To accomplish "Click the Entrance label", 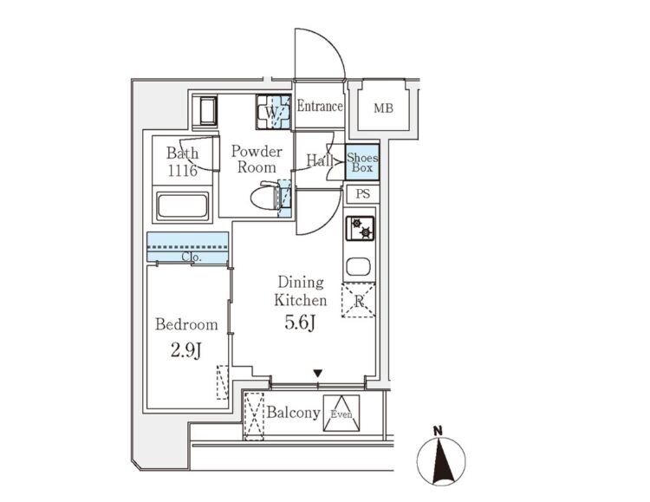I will (320, 107).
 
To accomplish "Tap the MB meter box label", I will (382, 109).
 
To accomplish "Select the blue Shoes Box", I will (361, 162).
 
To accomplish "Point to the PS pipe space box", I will (362, 195).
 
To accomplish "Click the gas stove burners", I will (361, 228).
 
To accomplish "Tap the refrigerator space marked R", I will (358, 301).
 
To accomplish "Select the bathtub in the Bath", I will (182, 206).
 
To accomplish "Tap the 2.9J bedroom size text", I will (185, 352).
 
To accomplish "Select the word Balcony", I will (294, 413).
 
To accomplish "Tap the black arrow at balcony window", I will (318, 374).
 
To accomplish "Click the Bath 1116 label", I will (183, 162).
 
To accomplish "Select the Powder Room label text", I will (257, 158).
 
